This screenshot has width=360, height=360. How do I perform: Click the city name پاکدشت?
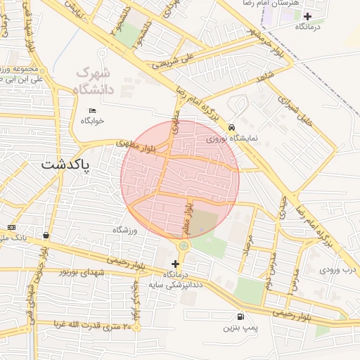coord(66,165)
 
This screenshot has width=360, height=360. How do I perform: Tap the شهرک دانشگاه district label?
coord(93,81)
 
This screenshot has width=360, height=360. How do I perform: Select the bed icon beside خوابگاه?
coord(93,110)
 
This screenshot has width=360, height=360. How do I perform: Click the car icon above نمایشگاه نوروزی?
coord(231,128)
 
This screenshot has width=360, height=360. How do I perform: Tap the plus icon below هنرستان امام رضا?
coord(307,15)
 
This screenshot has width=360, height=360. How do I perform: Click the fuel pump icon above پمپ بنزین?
coord(241,316)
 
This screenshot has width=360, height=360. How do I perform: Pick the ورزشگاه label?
coord(127,230)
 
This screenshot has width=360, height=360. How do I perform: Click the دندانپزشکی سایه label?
coord(175,285)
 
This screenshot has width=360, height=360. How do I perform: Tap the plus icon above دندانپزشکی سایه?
coord(175,264)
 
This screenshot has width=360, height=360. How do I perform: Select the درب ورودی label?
coord(339,269)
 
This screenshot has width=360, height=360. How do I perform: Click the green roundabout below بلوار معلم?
coord(184,245)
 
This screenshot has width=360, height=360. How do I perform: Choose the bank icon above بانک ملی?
coord(11,227)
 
